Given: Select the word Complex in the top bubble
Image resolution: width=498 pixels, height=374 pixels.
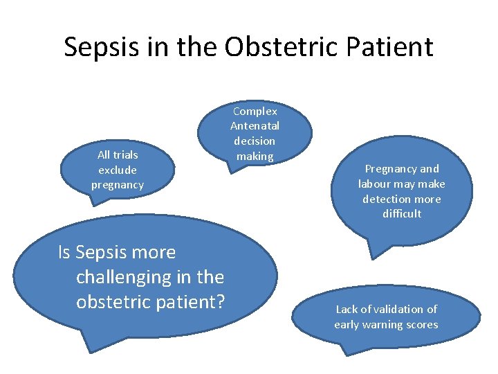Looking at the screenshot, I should click(255, 111).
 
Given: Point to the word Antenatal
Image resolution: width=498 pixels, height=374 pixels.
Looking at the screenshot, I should click(255, 126).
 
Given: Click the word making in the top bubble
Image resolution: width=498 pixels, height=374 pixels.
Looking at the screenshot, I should click(255, 157).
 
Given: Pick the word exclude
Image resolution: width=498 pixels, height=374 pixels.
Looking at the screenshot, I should click(117, 170).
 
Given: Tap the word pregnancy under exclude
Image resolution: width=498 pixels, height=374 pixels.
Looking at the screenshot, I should click(117, 185).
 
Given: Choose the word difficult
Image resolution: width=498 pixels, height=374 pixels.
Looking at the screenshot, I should click(401, 214).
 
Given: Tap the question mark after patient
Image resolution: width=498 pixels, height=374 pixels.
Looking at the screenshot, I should click(221, 302).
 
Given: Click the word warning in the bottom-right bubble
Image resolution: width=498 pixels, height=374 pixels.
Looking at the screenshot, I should click(387, 324).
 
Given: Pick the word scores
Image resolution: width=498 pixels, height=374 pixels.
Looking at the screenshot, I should click(423, 324).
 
